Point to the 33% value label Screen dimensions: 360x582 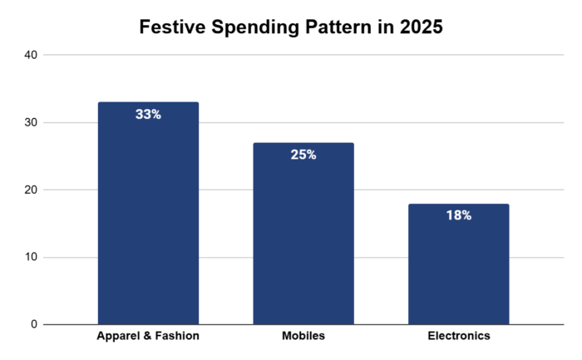(x=148, y=115)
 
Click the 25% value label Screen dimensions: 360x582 (x=303, y=155)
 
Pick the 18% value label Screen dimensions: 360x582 (x=457, y=215)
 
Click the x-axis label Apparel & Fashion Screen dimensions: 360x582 (x=148, y=337)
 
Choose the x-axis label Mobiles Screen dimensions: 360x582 (x=303, y=337)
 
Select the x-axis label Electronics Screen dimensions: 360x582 (x=457, y=337)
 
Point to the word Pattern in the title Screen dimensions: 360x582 (x=339, y=27)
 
